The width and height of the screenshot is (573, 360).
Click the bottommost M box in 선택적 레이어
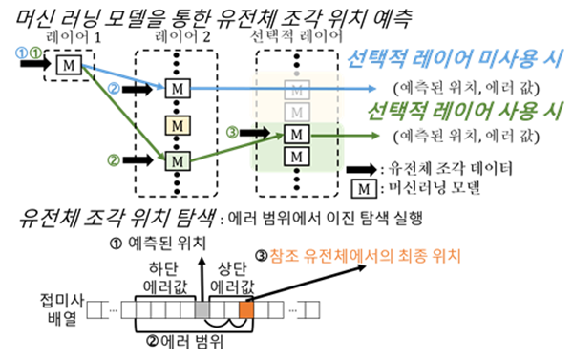[x=299, y=154]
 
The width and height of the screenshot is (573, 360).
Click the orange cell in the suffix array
[x=245, y=310]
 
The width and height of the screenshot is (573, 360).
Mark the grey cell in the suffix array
[x=201, y=310]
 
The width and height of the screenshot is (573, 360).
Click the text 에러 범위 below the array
[x=185, y=339]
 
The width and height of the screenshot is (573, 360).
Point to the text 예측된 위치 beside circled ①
[x=163, y=242]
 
